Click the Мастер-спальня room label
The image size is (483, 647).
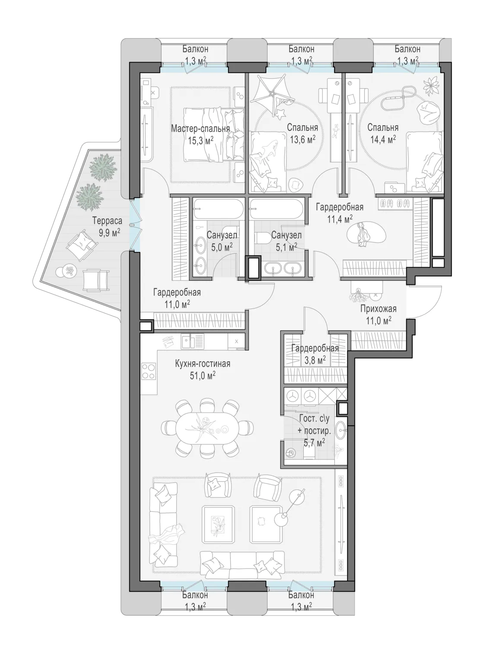[200, 129]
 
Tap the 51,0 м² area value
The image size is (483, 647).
[202, 376]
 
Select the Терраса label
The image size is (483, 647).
[107, 220]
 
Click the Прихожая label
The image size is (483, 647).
[378, 309]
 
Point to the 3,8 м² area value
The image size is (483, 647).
[315, 360]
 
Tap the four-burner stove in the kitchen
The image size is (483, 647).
[148, 371]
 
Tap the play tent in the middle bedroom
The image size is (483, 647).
[271, 91]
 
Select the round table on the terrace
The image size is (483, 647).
[69, 270]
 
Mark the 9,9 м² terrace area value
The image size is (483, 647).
[109, 233]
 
